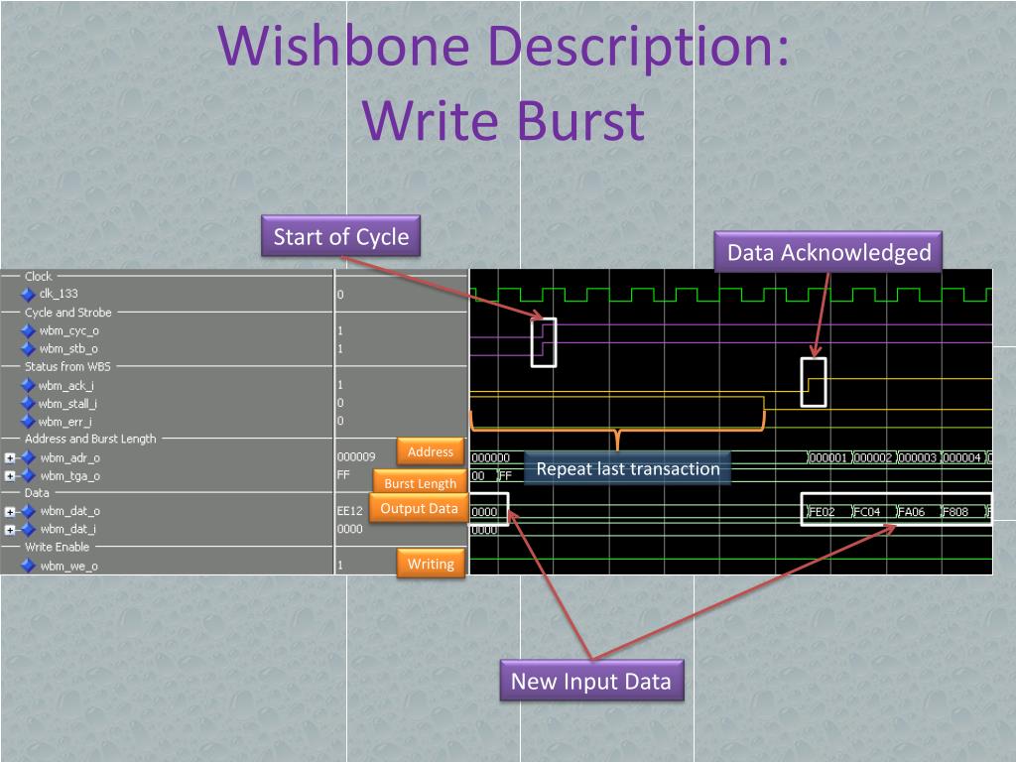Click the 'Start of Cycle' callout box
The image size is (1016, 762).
click(x=341, y=236)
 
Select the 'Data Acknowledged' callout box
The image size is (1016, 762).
click(x=828, y=252)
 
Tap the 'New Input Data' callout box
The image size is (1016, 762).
click(x=591, y=681)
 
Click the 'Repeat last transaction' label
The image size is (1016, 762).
click(x=627, y=468)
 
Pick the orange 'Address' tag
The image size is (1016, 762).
click(x=431, y=451)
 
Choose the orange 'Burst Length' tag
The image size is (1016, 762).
click(x=420, y=483)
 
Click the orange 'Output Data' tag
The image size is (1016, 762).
click(x=419, y=509)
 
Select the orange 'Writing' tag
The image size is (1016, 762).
click(x=431, y=564)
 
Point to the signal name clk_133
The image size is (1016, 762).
click(x=59, y=294)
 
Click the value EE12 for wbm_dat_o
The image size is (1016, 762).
click(x=350, y=511)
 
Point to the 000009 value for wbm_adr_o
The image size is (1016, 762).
click(x=356, y=456)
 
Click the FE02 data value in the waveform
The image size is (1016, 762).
click(x=823, y=512)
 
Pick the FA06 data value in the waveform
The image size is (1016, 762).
click(x=911, y=512)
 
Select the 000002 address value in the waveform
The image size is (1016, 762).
click(x=873, y=458)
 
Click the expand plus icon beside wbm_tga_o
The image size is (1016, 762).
click(x=10, y=476)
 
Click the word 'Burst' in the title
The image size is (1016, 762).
click(x=581, y=120)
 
